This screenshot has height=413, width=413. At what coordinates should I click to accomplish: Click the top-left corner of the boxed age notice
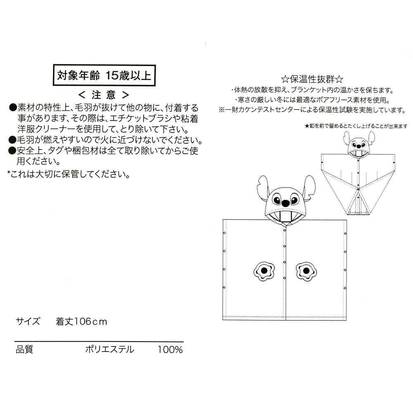coord(53,65)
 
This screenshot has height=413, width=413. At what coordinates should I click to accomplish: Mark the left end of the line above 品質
coord(14,342)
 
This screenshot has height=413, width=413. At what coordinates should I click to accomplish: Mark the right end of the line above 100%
coord(184,342)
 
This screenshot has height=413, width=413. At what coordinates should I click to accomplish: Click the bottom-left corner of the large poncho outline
coord(223,320)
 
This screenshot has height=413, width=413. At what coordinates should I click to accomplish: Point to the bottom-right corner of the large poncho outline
coord(347,320)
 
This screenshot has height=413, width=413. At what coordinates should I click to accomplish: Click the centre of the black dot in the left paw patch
coord(264,270)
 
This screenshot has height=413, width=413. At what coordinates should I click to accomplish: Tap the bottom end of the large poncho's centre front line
coord(285,320)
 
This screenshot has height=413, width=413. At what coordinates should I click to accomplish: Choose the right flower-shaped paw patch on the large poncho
coord(306,271)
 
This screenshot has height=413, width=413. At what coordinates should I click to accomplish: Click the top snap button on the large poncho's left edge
coord(224,233)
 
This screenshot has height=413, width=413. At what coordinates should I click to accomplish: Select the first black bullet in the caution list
coord(12,108)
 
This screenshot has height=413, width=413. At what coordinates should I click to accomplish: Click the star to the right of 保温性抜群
coord(339,79)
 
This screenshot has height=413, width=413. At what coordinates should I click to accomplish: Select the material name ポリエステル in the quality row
coord(109,349)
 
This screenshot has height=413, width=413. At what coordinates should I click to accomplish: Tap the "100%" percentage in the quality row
coord(170,349)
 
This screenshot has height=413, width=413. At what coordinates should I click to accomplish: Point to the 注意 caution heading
coord(104,95)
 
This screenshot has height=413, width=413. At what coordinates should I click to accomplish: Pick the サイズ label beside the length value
coord(28,321)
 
